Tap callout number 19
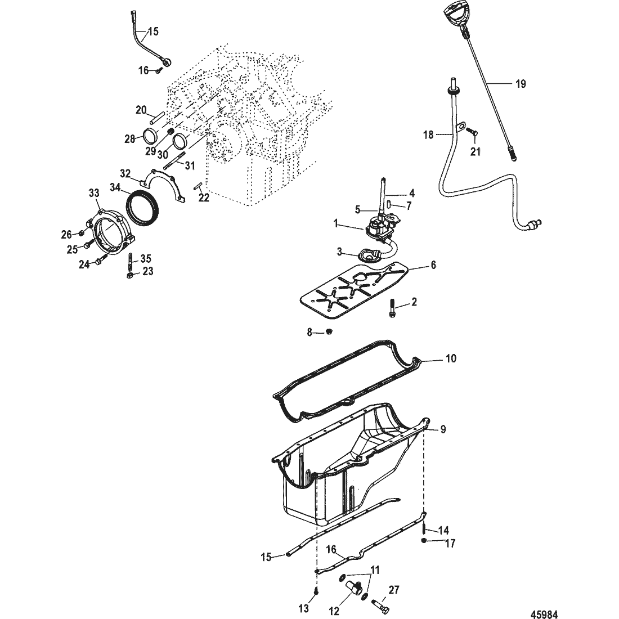tap(521, 84)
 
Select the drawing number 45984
tap(544, 614)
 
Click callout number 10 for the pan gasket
tap(450, 358)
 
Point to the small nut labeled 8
tap(329, 333)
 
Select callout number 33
tap(94, 192)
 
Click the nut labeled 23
tap(130, 275)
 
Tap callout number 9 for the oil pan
tap(443, 429)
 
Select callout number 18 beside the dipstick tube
tap(428, 135)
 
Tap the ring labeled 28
tap(150, 136)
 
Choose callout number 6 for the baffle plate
tap(433, 265)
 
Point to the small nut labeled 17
tap(424, 540)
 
